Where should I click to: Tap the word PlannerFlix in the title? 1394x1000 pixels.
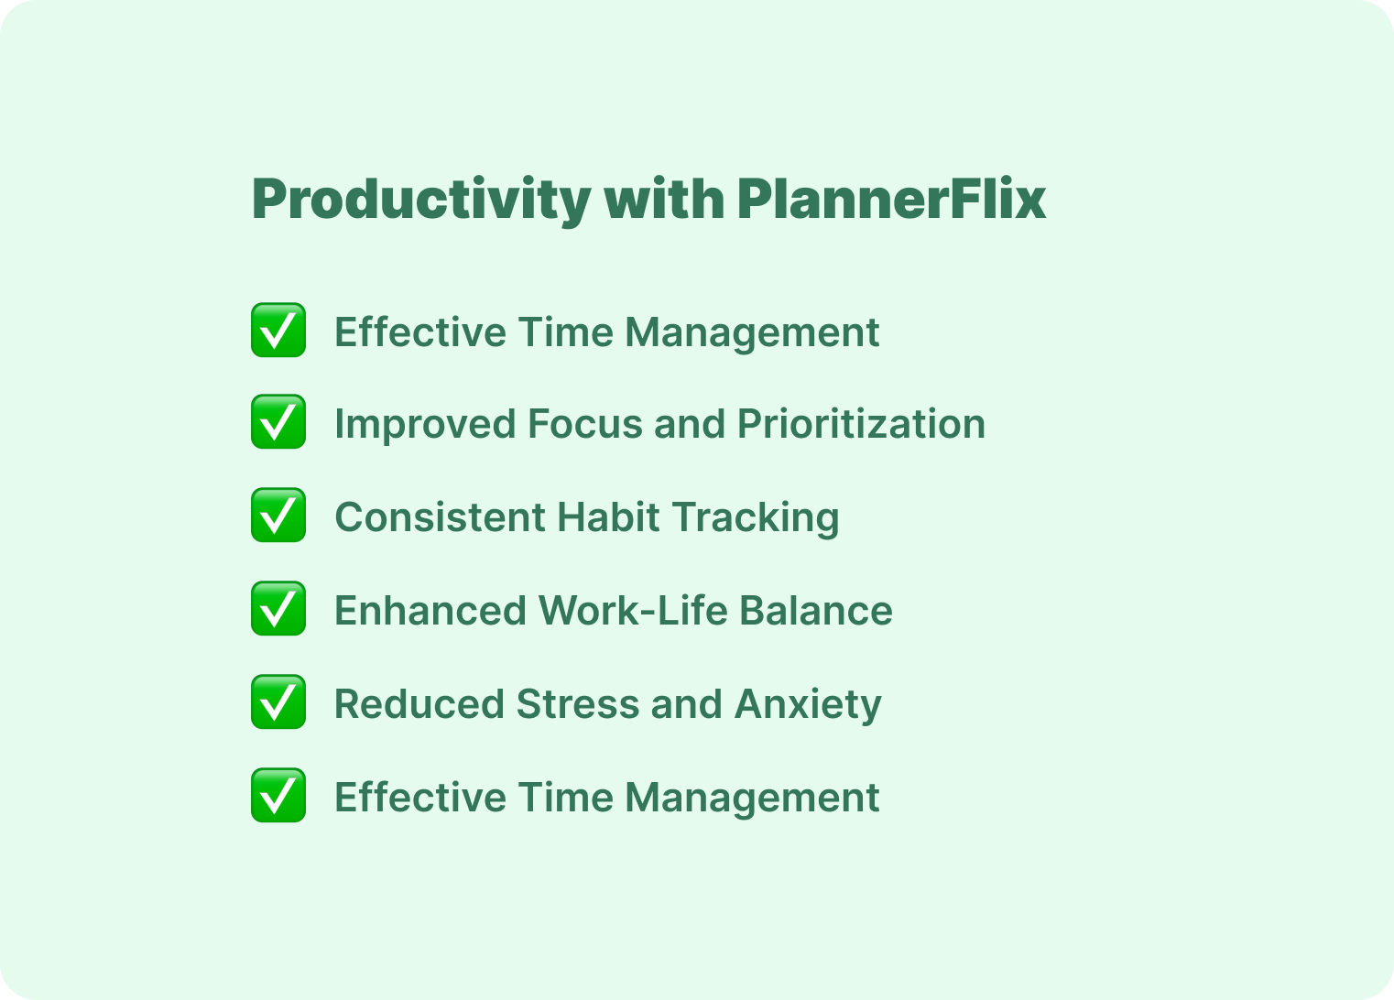(891, 199)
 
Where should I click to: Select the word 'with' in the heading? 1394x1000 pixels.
(664, 199)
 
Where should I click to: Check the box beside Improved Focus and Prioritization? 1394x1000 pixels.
(278, 421)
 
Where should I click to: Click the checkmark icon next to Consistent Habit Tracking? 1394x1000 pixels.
(278, 515)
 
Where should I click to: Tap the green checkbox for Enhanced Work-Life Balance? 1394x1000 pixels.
(278, 608)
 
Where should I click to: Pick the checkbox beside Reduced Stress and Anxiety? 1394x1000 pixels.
(278, 701)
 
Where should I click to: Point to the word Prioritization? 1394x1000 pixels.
(861, 424)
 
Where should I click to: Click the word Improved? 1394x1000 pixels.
(425, 424)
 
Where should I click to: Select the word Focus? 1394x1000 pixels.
(585, 424)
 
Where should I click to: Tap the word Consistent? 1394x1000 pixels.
(440, 517)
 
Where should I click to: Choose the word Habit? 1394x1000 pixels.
(609, 517)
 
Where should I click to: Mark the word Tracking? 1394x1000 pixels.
(756, 518)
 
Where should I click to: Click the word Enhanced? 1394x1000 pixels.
(430, 611)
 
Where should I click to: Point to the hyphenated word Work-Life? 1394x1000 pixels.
(633, 611)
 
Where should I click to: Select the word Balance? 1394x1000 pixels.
(816, 611)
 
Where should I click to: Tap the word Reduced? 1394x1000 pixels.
(419, 704)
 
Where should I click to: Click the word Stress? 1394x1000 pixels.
(578, 704)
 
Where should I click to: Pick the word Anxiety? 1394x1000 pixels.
(808, 705)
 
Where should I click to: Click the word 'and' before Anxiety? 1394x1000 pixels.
(686, 704)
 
